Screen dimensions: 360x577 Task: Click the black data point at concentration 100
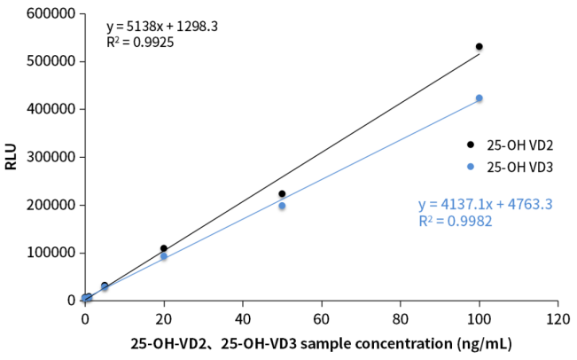(x=480, y=46)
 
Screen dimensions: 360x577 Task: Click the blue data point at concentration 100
(x=480, y=98)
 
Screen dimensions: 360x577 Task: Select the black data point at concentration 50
(x=282, y=194)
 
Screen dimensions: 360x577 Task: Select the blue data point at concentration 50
(x=282, y=206)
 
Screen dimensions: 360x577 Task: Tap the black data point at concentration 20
(x=164, y=248)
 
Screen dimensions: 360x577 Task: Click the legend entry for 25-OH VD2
(x=511, y=145)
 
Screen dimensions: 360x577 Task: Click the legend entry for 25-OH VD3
(x=511, y=167)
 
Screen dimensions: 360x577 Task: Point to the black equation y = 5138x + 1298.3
(x=162, y=27)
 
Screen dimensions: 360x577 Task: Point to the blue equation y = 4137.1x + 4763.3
(x=485, y=204)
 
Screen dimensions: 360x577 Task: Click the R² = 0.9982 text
(x=455, y=222)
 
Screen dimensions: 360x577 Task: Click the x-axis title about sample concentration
(x=321, y=343)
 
